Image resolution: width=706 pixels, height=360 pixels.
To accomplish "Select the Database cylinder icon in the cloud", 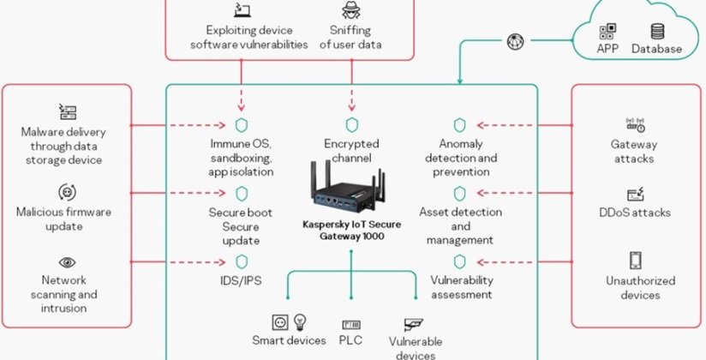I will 656,31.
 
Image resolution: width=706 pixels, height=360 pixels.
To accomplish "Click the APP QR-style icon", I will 607,31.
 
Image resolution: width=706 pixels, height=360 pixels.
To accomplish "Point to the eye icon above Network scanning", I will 67,261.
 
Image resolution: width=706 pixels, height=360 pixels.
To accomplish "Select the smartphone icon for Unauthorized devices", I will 635,261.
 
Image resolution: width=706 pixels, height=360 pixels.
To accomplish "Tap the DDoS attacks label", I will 635,213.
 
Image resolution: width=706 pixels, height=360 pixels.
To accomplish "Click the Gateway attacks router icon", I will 635,124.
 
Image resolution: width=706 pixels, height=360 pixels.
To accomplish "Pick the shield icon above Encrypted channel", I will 351,124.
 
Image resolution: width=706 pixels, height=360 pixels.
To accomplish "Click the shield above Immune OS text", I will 241,124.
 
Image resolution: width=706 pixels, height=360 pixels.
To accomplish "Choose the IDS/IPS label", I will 241,280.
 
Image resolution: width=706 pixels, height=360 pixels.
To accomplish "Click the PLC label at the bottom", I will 351,340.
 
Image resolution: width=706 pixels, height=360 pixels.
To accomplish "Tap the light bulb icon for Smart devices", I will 300,322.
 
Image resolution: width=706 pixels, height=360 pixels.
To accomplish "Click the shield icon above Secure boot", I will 241,193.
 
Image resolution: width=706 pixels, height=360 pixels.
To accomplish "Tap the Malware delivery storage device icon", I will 67,111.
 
